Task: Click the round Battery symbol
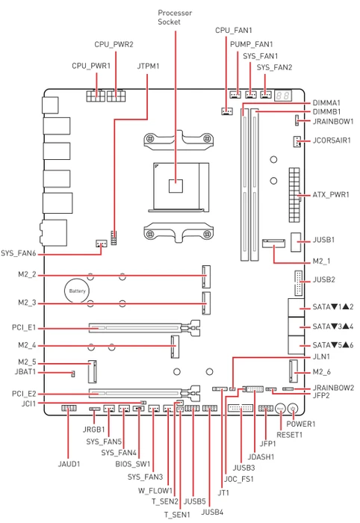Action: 78,291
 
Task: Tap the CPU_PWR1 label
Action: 91,66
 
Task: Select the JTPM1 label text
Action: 149,66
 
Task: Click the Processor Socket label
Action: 175,17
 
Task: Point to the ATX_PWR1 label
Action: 331,194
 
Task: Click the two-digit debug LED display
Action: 283,96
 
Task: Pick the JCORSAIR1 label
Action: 332,140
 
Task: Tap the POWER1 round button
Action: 292,408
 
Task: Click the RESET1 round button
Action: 280,408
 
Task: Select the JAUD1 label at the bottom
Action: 69,464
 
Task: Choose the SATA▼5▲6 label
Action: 333,345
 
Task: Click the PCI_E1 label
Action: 24,328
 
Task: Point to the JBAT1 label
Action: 25,371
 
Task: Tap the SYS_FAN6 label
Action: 19,253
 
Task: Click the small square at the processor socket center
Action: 176,186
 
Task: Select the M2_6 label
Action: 322,372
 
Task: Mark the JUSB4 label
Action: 212,512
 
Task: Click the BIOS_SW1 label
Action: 133,464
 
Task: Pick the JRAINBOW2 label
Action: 333,388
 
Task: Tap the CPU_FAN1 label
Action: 234,31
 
